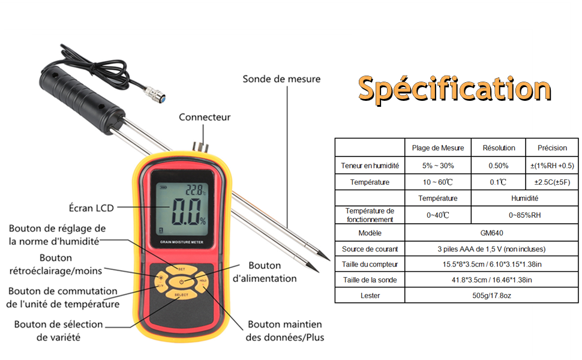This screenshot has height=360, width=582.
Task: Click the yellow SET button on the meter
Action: (x=182, y=269)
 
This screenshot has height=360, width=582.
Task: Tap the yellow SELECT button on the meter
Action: (x=182, y=295)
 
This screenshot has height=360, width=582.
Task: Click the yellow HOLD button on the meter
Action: (x=202, y=281)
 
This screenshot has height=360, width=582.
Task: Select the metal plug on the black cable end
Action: (x=155, y=94)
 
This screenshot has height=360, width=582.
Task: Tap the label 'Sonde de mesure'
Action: (x=281, y=79)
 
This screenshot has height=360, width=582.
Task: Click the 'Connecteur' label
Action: (x=205, y=117)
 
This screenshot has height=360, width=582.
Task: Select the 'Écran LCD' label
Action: (x=91, y=208)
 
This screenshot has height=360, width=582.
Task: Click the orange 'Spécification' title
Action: (x=454, y=89)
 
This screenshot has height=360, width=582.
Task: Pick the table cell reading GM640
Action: (x=491, y=233)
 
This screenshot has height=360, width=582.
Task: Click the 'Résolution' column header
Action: (x=499, y=148)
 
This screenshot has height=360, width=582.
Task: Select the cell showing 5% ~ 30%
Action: (x=438, y=166)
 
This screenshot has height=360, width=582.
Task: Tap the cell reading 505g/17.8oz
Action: (x=491, y=295)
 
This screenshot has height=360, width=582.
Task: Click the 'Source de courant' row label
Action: (x=370, y=249)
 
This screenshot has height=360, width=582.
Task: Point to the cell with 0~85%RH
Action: (x=524, y=215)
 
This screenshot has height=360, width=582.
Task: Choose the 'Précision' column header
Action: (x=552, y=148)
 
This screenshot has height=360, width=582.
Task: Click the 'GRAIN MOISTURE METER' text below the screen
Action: (x=182, y=242)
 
